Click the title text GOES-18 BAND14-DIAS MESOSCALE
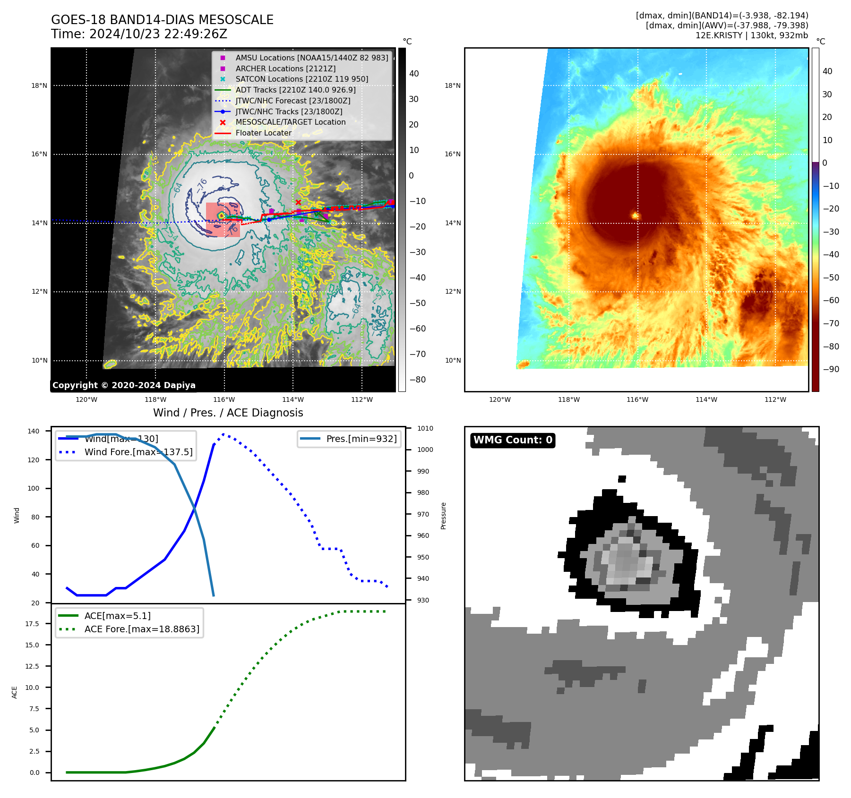click(162, 20)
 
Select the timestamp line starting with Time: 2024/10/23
click(139, 34)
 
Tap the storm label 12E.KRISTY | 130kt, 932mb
click(751, 35)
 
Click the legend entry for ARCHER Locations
click(285, 68)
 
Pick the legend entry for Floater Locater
click(263, 133)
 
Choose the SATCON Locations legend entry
click(301, 79)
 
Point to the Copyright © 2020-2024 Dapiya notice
click(124, 385)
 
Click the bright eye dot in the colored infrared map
click(636, 216)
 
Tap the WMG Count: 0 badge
click(513, 440)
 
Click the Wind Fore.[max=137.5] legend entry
click(138, 452)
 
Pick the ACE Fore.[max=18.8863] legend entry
click(141, 629)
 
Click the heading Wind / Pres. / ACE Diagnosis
click(228, 413)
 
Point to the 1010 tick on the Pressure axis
click(425, 428)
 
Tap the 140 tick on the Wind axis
click(34, 431)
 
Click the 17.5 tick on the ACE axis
click(32, 624)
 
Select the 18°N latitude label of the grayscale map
click(39, 85)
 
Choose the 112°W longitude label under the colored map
click(775, 399)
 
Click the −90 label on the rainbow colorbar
click(831, 369)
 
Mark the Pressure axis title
click(443, 516)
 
